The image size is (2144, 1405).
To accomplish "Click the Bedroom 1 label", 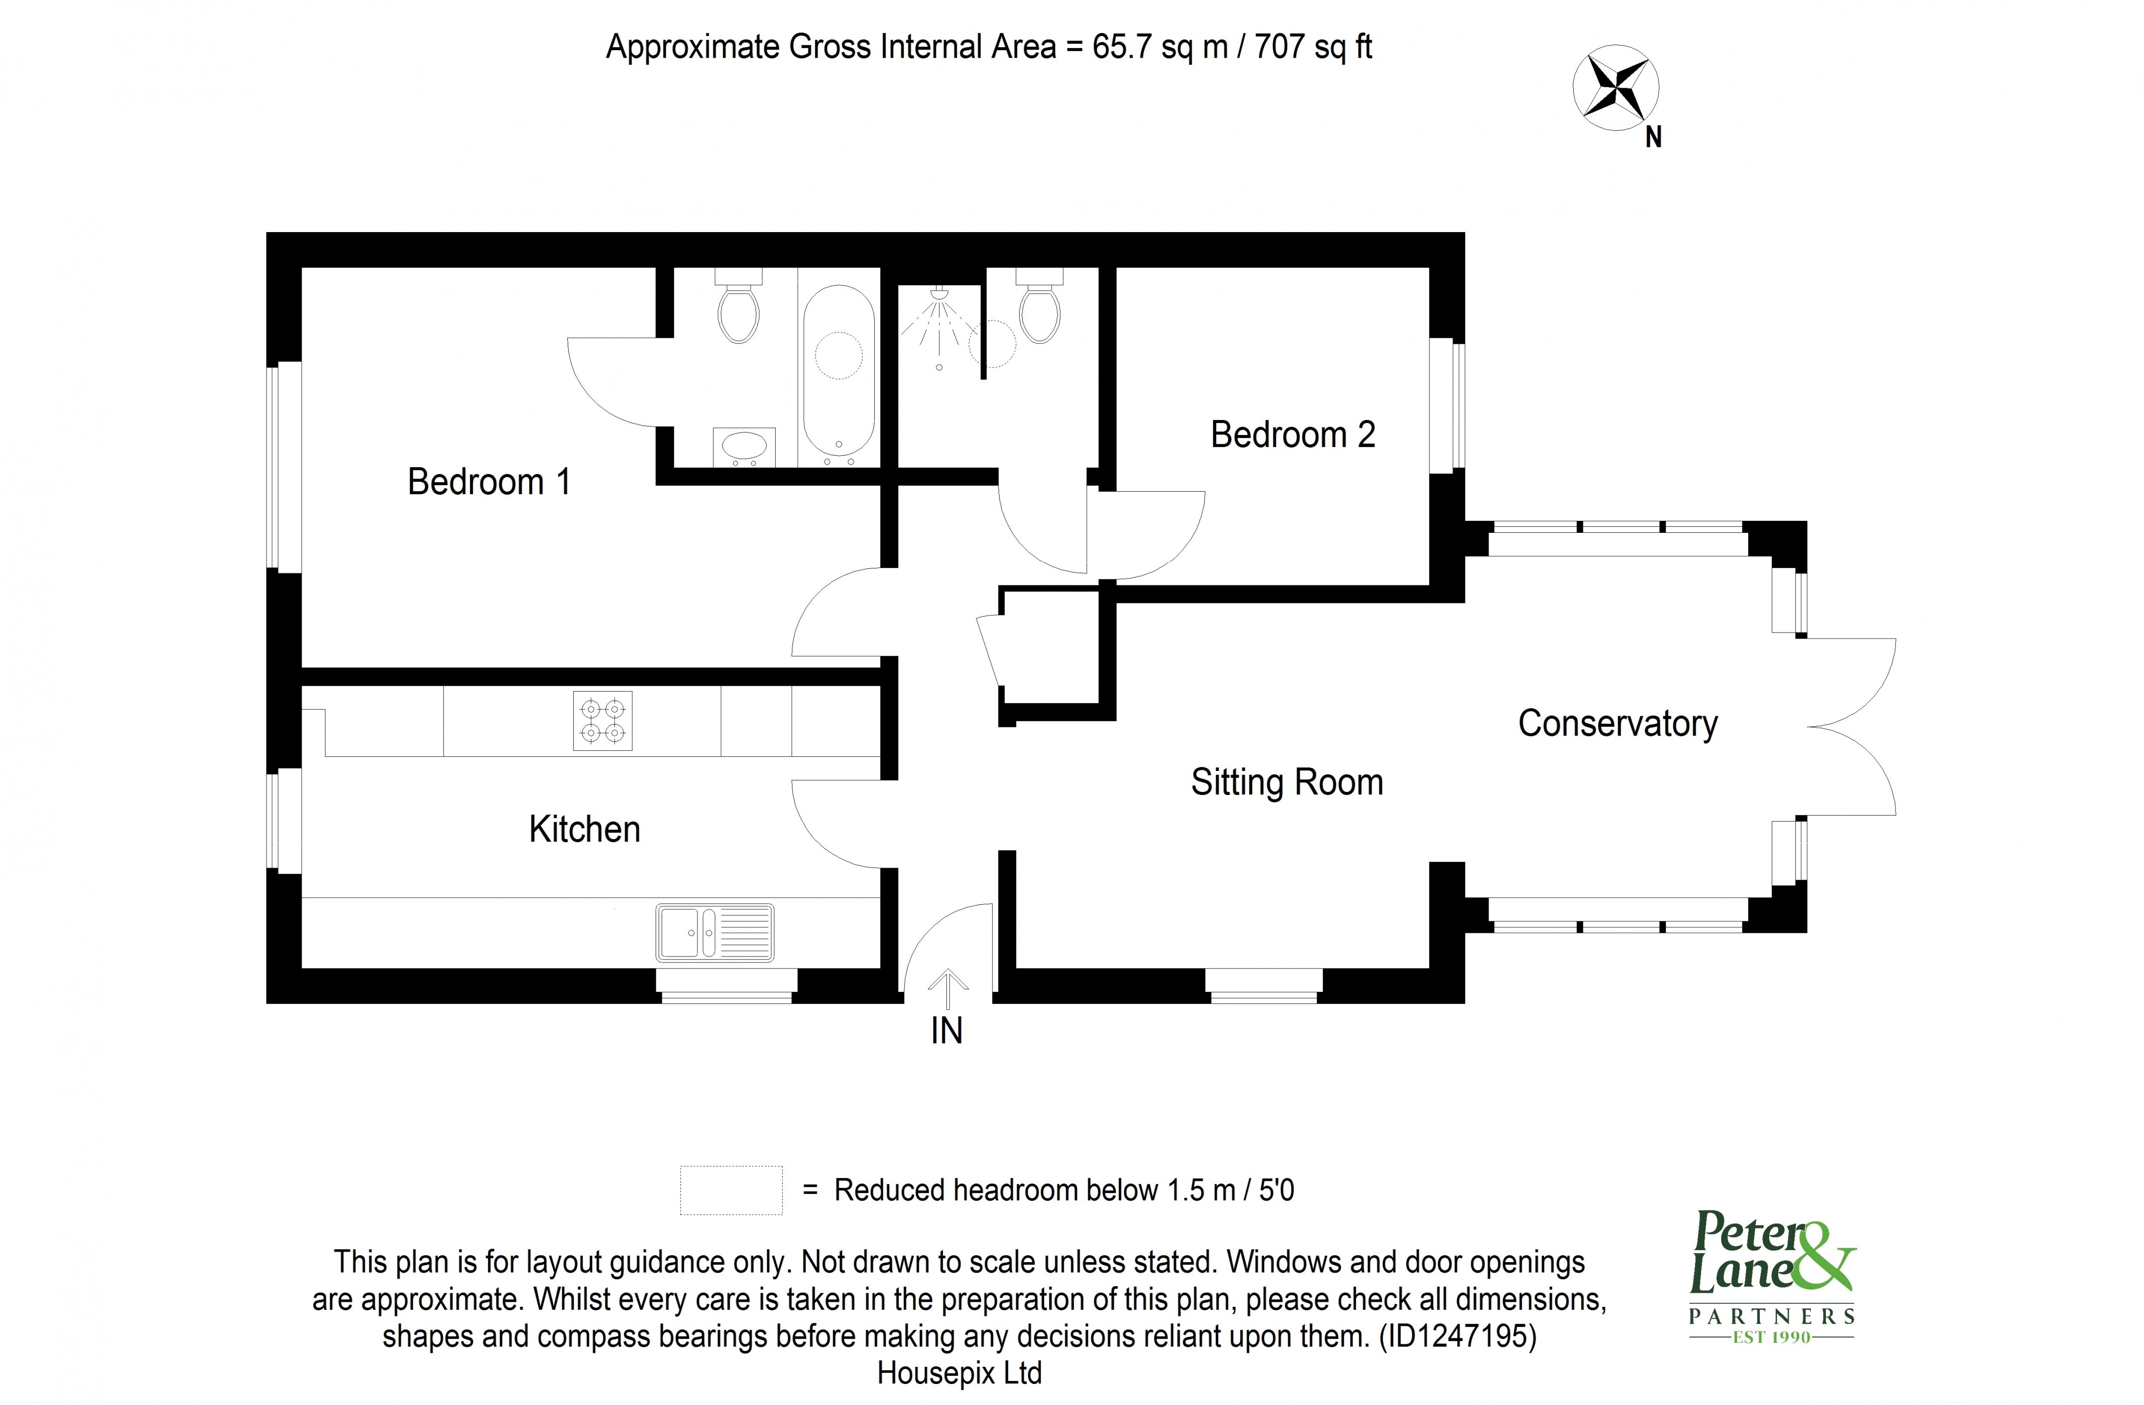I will [x=489, y=482].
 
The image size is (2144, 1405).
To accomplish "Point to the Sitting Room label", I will [x=1286, y=782].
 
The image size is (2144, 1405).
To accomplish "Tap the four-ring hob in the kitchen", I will [x=603, y=721].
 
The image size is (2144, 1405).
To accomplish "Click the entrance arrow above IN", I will [x=947, y=988].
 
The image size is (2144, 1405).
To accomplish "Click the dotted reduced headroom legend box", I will [x=731, y=1190].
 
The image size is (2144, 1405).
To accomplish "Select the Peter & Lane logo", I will [x=1771, y=1278].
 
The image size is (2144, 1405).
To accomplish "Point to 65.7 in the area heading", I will [x=1121, y=47].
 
